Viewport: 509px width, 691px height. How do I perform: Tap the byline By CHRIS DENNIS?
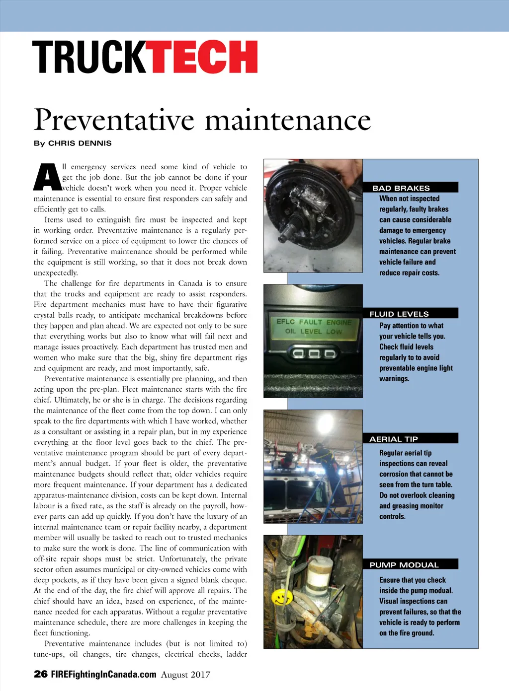point(73,143)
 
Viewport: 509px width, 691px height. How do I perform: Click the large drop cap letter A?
point(47,177)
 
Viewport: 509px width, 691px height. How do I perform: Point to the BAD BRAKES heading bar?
point(410,188)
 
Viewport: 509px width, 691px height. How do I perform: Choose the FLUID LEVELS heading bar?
point(410,314)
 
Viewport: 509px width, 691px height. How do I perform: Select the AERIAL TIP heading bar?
point(410,439)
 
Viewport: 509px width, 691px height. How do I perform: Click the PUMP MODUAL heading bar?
point(410,565)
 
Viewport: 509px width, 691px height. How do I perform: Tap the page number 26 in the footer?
point(40,674)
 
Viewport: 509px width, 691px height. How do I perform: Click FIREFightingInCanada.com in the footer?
point(103,674)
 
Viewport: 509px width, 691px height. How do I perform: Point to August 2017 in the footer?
point(185,675)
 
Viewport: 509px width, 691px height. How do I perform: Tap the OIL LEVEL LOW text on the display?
point(314,331)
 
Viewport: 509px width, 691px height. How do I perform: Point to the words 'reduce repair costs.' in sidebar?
point(409,273)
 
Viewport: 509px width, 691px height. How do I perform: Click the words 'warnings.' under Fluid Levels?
point(394,379)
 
